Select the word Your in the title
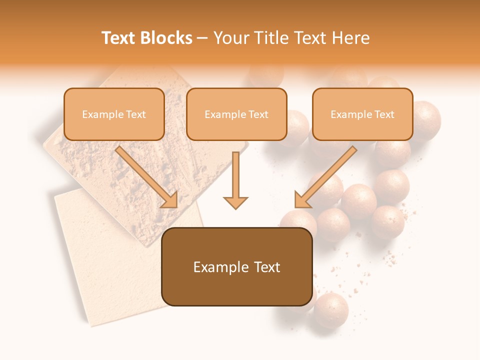click(232, 38)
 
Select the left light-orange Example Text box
click(114, 114)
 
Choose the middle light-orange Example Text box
click(236, 114)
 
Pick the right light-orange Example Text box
click(362, 114)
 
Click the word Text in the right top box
click(384, 114)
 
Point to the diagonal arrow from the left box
click(147, 177)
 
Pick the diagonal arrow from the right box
click(325, 177)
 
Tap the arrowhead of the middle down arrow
click(235, 202)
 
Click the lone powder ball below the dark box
click(330, 310)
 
